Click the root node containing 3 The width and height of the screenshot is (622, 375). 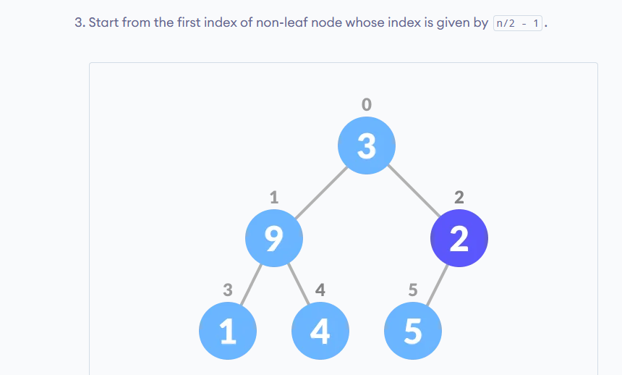click(x=367, y=146)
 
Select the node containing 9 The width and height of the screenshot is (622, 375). click(x=274, y=238)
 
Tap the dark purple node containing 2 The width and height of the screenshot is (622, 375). click(x=459, y=238)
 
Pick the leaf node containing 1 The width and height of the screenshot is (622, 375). click(x=228, y=331)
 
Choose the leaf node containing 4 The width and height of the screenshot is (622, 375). click(x=320, y=331)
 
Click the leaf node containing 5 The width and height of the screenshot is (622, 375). click(x=412, y=331)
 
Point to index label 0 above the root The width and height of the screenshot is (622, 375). click(x=367, y=104)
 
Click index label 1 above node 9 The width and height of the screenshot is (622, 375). click(x=274, y=197)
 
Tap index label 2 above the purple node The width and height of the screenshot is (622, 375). click(x=459, y=197)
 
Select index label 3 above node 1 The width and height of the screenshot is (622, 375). click(x=228, y=290)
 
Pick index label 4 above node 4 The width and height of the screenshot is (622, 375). click(x=320, y=290)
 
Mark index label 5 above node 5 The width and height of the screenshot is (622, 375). click(x=412, y=290)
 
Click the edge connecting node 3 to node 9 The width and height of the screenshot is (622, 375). click(x=321, y=193)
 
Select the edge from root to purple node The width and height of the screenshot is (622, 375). click(x=414, y=190)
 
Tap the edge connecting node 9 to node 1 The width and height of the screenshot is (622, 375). click(x=251, y=285)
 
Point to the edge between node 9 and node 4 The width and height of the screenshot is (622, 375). click(x=298, y=284)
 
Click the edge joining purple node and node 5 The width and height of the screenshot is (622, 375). click(x=437, y=285)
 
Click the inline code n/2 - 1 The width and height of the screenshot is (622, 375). click(x=518, y=23)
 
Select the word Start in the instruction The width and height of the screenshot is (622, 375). click(x=103, y=22)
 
